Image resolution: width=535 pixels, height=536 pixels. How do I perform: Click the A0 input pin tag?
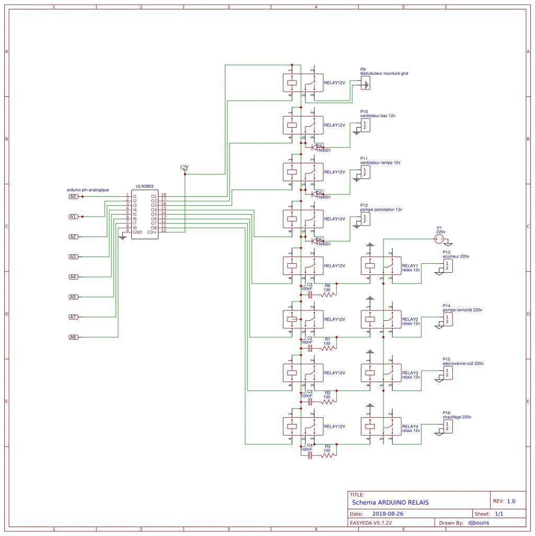tap(73, 196)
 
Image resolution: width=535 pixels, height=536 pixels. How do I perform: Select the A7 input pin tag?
tap(73, 317)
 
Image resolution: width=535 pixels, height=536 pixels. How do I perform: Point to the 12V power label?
tap(184, 167)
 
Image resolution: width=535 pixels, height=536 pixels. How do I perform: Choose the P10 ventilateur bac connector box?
tap(365, 125)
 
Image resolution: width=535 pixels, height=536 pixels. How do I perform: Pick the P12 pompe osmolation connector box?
tap(365, 219)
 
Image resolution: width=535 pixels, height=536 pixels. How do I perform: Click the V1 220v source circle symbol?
tap(439, 239)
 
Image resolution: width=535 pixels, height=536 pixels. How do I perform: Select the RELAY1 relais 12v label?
tap(411, 268)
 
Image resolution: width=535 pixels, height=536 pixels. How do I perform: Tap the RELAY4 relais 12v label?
tap(411, 428)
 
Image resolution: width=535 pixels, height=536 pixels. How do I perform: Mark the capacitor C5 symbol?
tap(310, 295)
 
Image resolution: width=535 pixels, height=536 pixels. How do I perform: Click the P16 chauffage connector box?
tap(447, 427)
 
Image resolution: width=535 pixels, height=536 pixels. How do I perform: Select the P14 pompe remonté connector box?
tap(447, 319)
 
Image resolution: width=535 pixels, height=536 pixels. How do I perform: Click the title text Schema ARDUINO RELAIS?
tap(390, 502)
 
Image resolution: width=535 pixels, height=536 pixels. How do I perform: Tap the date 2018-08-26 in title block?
tap(388, 514)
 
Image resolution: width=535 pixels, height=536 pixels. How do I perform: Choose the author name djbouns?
tap(479, 522)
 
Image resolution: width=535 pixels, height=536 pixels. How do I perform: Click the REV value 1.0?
tap(511, 501)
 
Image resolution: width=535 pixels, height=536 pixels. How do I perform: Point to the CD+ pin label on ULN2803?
tap(152, 232)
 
